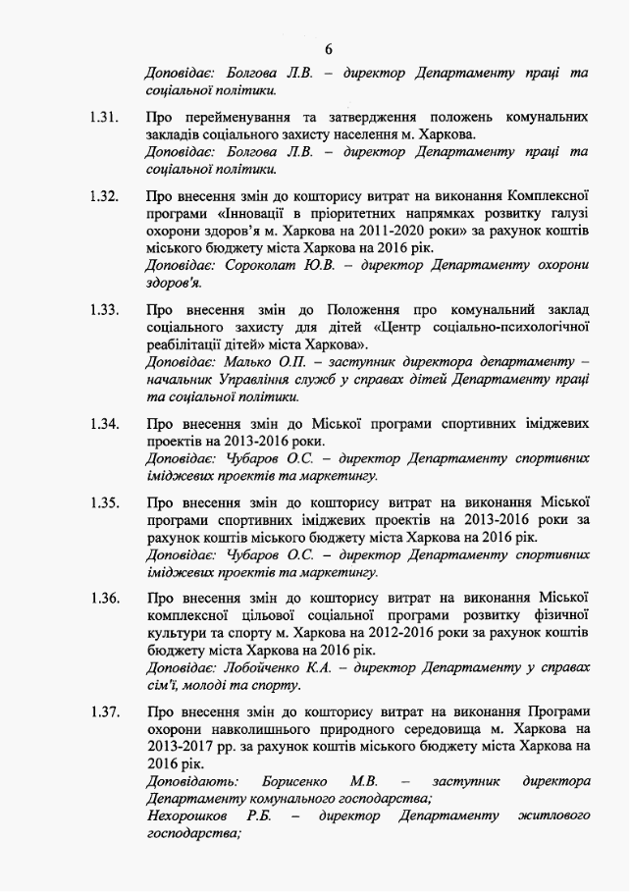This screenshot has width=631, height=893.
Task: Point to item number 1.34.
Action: (x=103, y=423)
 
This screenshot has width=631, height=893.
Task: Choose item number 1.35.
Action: (x=103, y=502)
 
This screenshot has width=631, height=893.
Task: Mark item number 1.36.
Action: (x=103, y=597)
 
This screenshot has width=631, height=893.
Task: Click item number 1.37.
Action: (x=103, y=709)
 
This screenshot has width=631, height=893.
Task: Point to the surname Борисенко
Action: (x=296, y=780)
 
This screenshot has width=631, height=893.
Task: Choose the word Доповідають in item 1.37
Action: (x=191, y=780)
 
